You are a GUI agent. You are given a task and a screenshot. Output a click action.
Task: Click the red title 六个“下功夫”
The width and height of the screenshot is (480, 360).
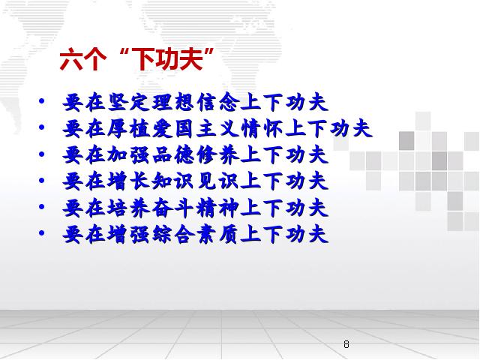coord(136,59)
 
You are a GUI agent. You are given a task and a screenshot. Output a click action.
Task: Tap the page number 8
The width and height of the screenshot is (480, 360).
coord(346,344)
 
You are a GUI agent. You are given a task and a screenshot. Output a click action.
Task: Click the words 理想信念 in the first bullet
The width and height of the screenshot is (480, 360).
coord(196,102)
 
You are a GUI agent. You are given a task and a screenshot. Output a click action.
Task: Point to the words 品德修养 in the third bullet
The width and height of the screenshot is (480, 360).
coord(196,155)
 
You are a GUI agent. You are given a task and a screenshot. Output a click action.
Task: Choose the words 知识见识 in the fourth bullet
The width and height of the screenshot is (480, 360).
coord(196,181)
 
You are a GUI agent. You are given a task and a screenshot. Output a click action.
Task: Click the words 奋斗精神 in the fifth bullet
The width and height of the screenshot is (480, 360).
coord(196,208)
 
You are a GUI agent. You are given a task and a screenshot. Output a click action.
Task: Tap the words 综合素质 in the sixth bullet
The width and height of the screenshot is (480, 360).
coord(196,234)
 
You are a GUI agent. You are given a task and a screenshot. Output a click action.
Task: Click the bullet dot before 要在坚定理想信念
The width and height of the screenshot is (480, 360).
coord(42,101)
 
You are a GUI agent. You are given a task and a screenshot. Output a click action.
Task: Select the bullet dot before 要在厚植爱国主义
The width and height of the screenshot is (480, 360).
coord(42,127)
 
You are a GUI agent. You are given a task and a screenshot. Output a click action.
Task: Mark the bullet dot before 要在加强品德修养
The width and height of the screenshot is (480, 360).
coord(42,154)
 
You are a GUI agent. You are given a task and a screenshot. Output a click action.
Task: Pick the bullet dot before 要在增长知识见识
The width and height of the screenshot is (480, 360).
coord(42,180)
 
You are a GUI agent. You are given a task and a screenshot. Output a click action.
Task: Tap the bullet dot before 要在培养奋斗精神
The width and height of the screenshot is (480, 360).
coord(42,207)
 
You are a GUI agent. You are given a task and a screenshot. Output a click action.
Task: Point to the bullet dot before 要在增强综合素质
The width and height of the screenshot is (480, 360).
coord(42,233)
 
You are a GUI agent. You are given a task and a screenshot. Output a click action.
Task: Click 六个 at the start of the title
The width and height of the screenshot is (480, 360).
coord(83,59)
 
